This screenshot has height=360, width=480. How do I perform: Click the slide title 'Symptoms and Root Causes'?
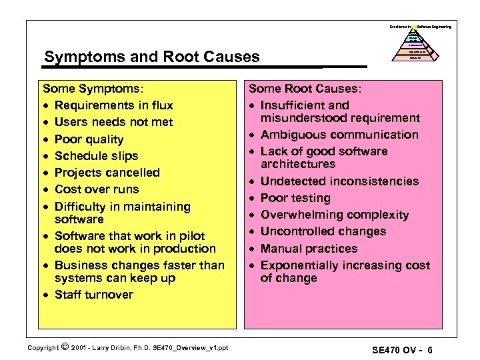tap(151, 57)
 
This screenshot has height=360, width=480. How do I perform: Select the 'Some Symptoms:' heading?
tap(93, 88)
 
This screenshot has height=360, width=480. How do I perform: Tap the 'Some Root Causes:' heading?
tap(305, 88)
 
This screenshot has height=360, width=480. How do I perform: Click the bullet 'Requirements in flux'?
tap(113, 105)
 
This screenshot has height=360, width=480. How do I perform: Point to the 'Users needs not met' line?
tap(113, 122)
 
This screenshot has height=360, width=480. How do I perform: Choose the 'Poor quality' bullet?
tap(89, 139)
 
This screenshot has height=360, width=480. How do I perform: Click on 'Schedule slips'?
tap(96, 156)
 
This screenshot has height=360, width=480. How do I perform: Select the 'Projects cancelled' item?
tap(107, 173)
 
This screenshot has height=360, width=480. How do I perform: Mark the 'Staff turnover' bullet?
tap(93, 295)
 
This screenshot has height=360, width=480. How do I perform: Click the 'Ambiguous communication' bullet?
tap(339, 135)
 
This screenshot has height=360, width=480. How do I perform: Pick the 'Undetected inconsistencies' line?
tap(339, 181)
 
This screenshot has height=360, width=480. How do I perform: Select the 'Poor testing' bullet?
tap(295, 198)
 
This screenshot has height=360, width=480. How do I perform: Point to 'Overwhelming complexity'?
tap(335, 215)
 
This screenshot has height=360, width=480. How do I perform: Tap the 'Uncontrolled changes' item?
tap(323, 231)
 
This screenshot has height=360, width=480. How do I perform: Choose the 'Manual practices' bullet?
tap(309, 249)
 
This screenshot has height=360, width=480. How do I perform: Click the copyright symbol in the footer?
tap(64, 346)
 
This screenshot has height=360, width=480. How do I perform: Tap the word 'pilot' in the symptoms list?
tap(191, 236)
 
